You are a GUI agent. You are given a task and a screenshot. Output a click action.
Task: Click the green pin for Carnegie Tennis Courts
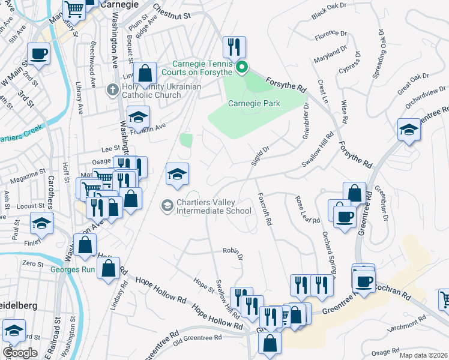point(242,67)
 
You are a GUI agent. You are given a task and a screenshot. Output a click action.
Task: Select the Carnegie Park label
point(254,103)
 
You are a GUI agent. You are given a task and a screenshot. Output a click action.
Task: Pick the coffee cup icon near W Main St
point(38,53)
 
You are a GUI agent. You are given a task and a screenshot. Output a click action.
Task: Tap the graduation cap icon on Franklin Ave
point(138,116)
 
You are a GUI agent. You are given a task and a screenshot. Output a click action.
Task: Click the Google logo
point(19,353)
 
